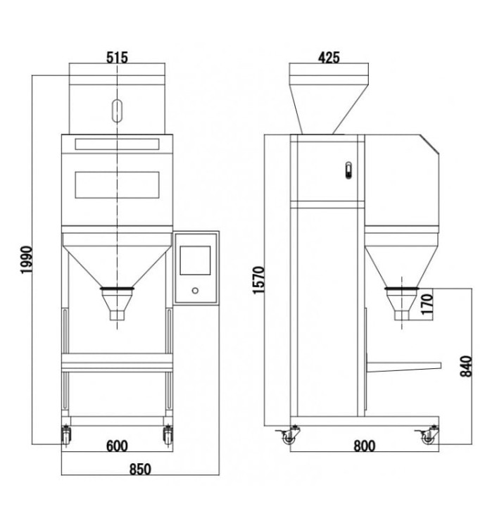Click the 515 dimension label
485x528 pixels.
pos(118,58)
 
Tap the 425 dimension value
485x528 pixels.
pos(329,58)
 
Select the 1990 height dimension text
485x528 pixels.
pos(26,260)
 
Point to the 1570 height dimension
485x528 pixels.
pos(259,280)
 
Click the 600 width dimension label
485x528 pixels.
pos(117,446)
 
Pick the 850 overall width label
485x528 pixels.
pos(140,469)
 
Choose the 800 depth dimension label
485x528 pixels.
pos(364,446)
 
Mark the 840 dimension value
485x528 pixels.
pos(466,366)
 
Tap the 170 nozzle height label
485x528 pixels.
pos(427,303)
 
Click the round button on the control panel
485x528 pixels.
pos(195,290)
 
